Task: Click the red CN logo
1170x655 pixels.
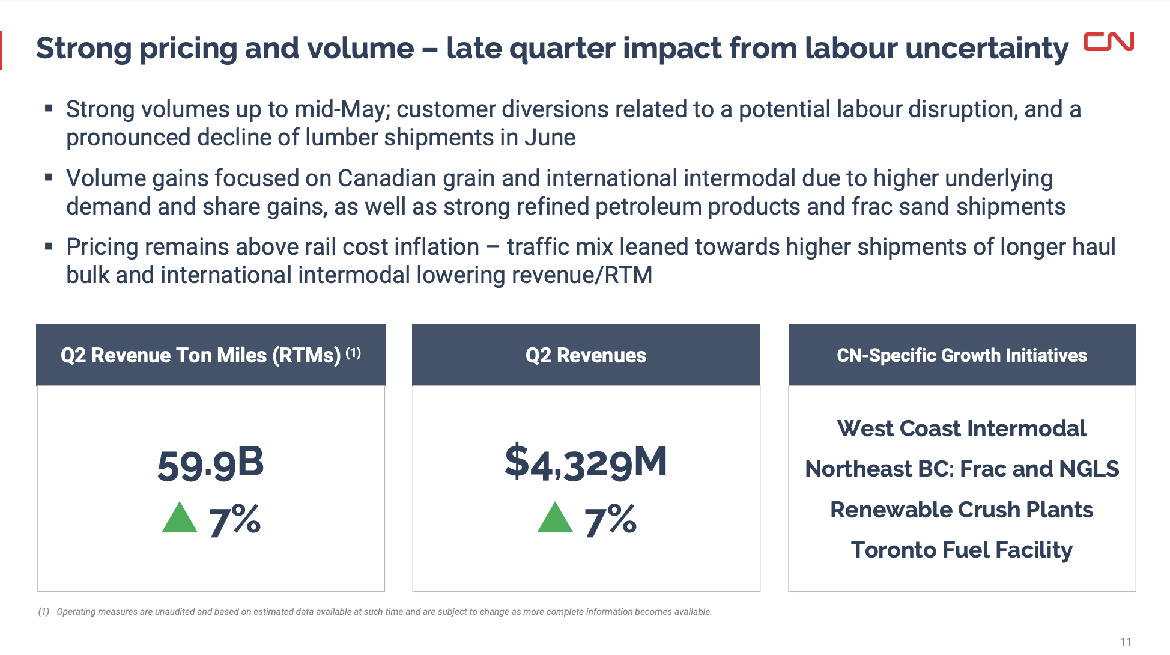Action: [x=1108, y=42]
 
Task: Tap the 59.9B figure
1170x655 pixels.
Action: [x=210, y=464]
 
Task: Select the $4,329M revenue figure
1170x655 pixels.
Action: [x=586, y=463]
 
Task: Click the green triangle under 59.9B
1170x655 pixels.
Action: [x=180, y=518]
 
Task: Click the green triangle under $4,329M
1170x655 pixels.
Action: [x=555, y=518]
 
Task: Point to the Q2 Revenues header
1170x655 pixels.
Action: [x=586, y=355]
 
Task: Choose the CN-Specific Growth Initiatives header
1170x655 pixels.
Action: [x=962, y=355]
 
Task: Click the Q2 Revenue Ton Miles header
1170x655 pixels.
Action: [x=210, y=355]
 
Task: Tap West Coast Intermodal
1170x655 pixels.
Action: [x=962, y=428]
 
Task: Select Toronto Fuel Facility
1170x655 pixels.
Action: [x=962, y=550]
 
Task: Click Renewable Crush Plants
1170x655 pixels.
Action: [x=962, y=510]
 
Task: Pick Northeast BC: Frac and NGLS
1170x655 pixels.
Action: [x=962, y=469]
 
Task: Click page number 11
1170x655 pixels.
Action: [x=1125, y=642]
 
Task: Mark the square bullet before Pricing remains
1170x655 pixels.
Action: [x=49, y=246]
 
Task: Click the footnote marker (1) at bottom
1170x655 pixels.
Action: [x=43, y=612]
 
